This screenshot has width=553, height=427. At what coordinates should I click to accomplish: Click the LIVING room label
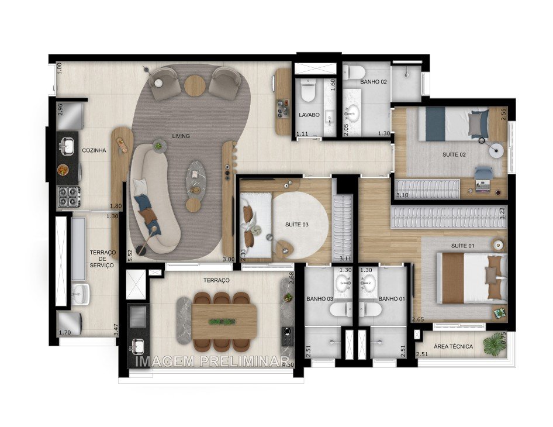(181, 136)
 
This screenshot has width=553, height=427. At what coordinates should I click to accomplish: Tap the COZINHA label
(94, 150)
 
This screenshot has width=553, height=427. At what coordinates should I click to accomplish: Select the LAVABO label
(309, 115)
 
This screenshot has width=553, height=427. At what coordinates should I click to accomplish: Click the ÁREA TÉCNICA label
(465, 347)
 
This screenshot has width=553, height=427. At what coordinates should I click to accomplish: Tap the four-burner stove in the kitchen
(68, 195)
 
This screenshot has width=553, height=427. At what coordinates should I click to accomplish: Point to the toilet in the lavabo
(308, 91)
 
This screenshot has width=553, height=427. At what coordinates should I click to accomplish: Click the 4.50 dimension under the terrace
(288, 365)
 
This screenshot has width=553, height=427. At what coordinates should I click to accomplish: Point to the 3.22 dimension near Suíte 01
(502, 213)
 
